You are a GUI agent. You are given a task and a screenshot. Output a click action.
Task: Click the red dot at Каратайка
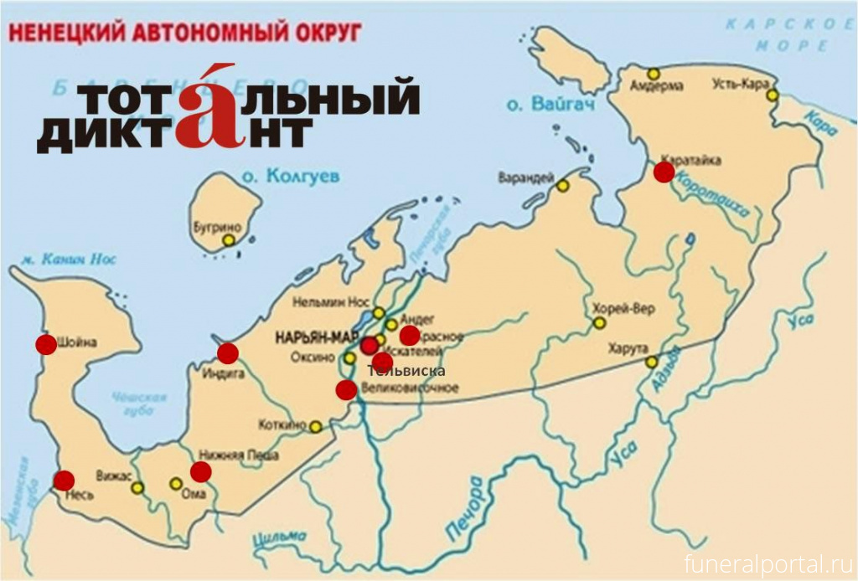664,172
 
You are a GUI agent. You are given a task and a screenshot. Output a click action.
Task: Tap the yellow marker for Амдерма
654,74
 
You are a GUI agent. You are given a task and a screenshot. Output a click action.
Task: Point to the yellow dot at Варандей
563,185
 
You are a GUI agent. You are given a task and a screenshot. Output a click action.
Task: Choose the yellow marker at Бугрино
228,240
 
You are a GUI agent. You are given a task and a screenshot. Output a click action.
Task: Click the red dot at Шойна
46,344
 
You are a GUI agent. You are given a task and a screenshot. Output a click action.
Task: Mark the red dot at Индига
227,353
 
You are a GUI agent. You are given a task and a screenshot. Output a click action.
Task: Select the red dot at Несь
64,481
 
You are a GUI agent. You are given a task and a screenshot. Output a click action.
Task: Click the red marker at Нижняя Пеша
200,471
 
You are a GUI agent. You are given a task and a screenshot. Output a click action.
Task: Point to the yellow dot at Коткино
316,427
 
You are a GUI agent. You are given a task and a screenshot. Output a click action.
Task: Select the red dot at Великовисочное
346,389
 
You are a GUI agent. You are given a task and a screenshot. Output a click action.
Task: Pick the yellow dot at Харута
651,362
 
